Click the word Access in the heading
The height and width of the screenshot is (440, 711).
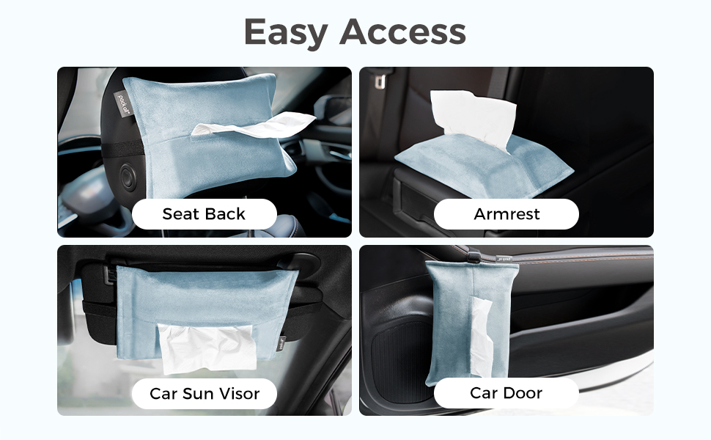[402, 32]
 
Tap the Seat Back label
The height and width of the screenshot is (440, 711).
[204, 214]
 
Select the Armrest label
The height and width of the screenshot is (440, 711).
[506, 214]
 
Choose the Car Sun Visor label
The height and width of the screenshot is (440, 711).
[204, 393]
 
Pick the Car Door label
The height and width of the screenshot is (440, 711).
[506, 393]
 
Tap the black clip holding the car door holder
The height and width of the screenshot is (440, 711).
[474, 256]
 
